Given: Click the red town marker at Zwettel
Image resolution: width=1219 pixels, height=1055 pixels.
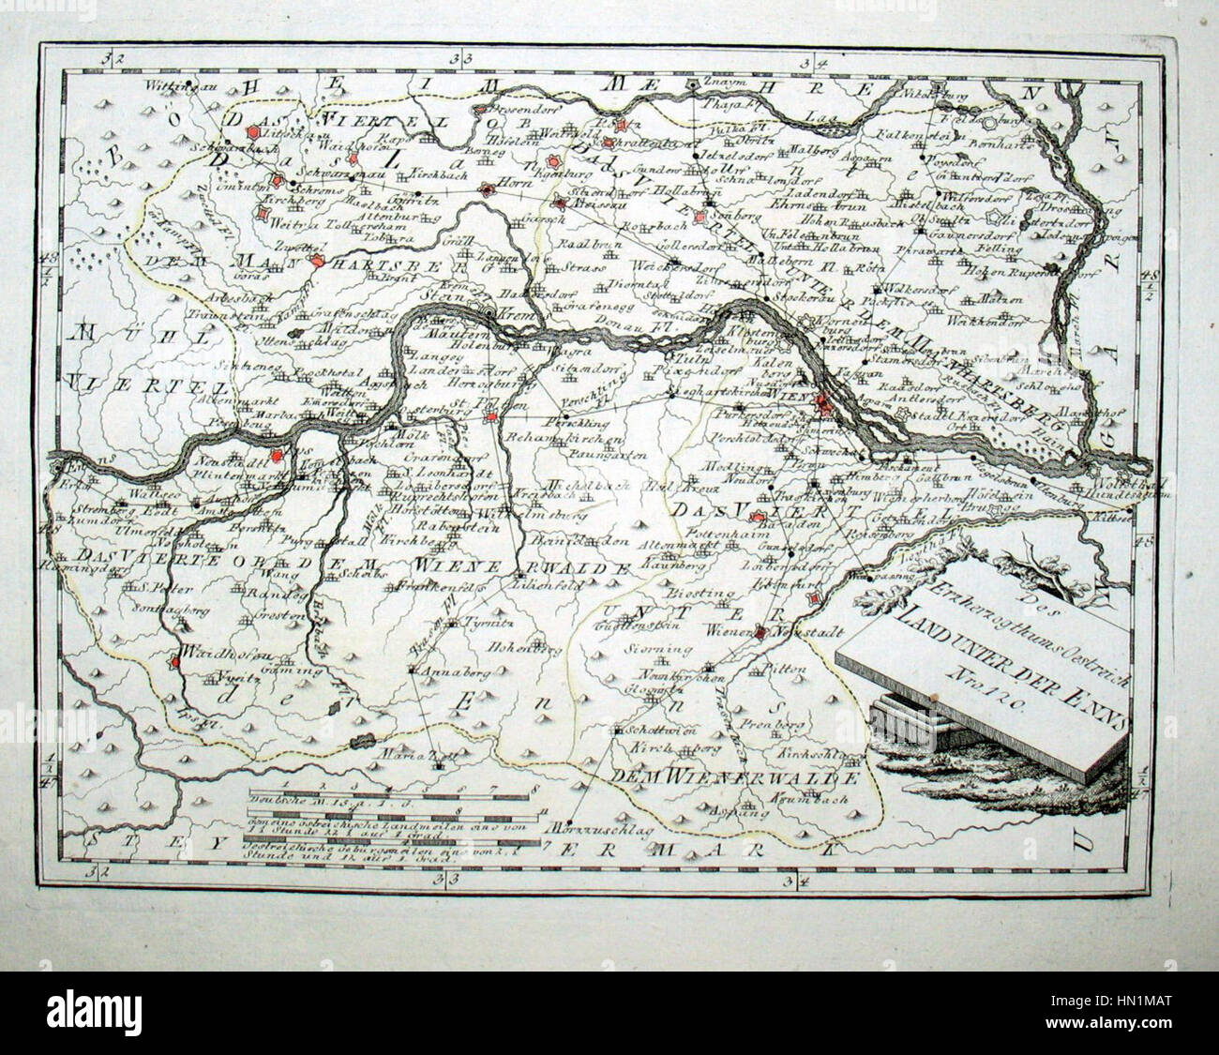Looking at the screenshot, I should coord(318,263).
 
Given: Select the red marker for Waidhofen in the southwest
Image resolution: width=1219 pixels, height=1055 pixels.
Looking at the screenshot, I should coord(174,662).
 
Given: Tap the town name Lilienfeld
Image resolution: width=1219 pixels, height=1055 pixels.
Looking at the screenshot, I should coord(538,583).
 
